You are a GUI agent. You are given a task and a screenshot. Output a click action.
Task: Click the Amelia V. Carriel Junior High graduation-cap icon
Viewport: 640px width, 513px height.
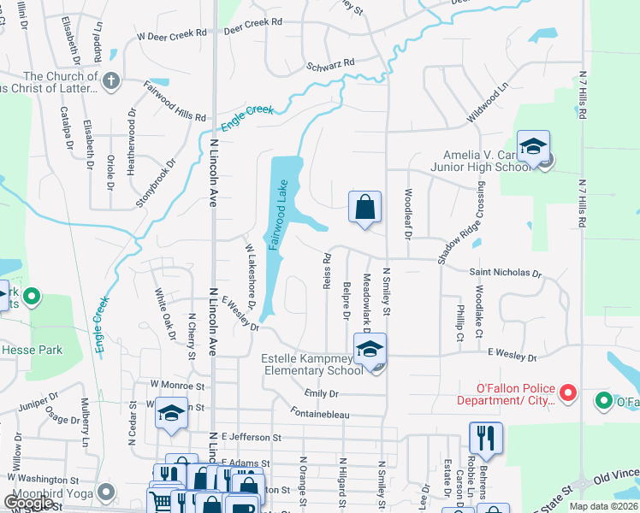(532, 147)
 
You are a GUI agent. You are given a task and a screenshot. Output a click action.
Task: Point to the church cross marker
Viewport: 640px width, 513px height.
(110, 82)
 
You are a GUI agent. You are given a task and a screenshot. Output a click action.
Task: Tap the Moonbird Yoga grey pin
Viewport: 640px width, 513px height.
(106, 492)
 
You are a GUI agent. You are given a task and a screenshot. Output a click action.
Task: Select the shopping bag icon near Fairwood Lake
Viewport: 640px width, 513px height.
(364, 207)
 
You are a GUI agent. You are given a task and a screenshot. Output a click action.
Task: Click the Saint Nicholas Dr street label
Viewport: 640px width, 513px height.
(506, 274)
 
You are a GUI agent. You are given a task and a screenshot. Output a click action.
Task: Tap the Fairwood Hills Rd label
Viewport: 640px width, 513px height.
(175, 100)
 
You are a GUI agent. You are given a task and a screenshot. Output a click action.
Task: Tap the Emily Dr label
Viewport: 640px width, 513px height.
(322, 393)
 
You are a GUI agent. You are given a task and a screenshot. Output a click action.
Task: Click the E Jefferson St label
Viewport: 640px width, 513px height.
(251, 437)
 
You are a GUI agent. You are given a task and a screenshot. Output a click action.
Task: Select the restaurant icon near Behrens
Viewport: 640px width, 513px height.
(483, 437)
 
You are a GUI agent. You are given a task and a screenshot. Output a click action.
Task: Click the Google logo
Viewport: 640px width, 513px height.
(29, 504)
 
